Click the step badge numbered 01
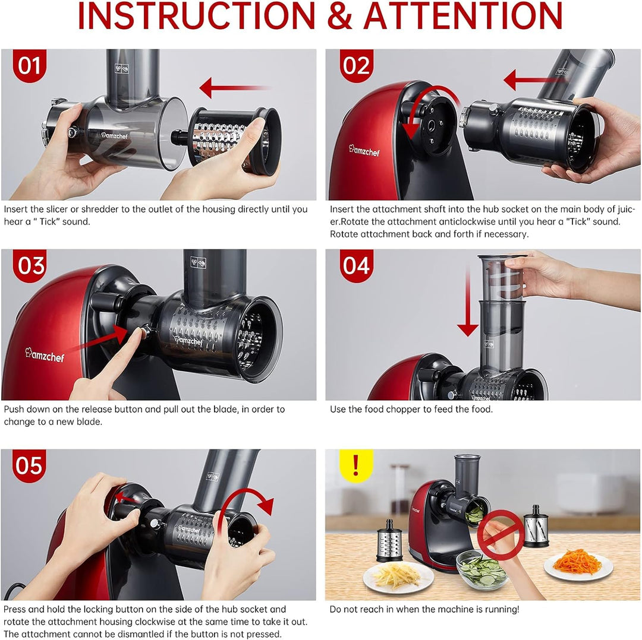[29, 65]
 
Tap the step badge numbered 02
[356, 65]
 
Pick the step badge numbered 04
[356, 265]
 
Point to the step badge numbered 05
[29, 465]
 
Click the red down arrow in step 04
[468, 303]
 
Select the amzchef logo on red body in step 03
[45, 354]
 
